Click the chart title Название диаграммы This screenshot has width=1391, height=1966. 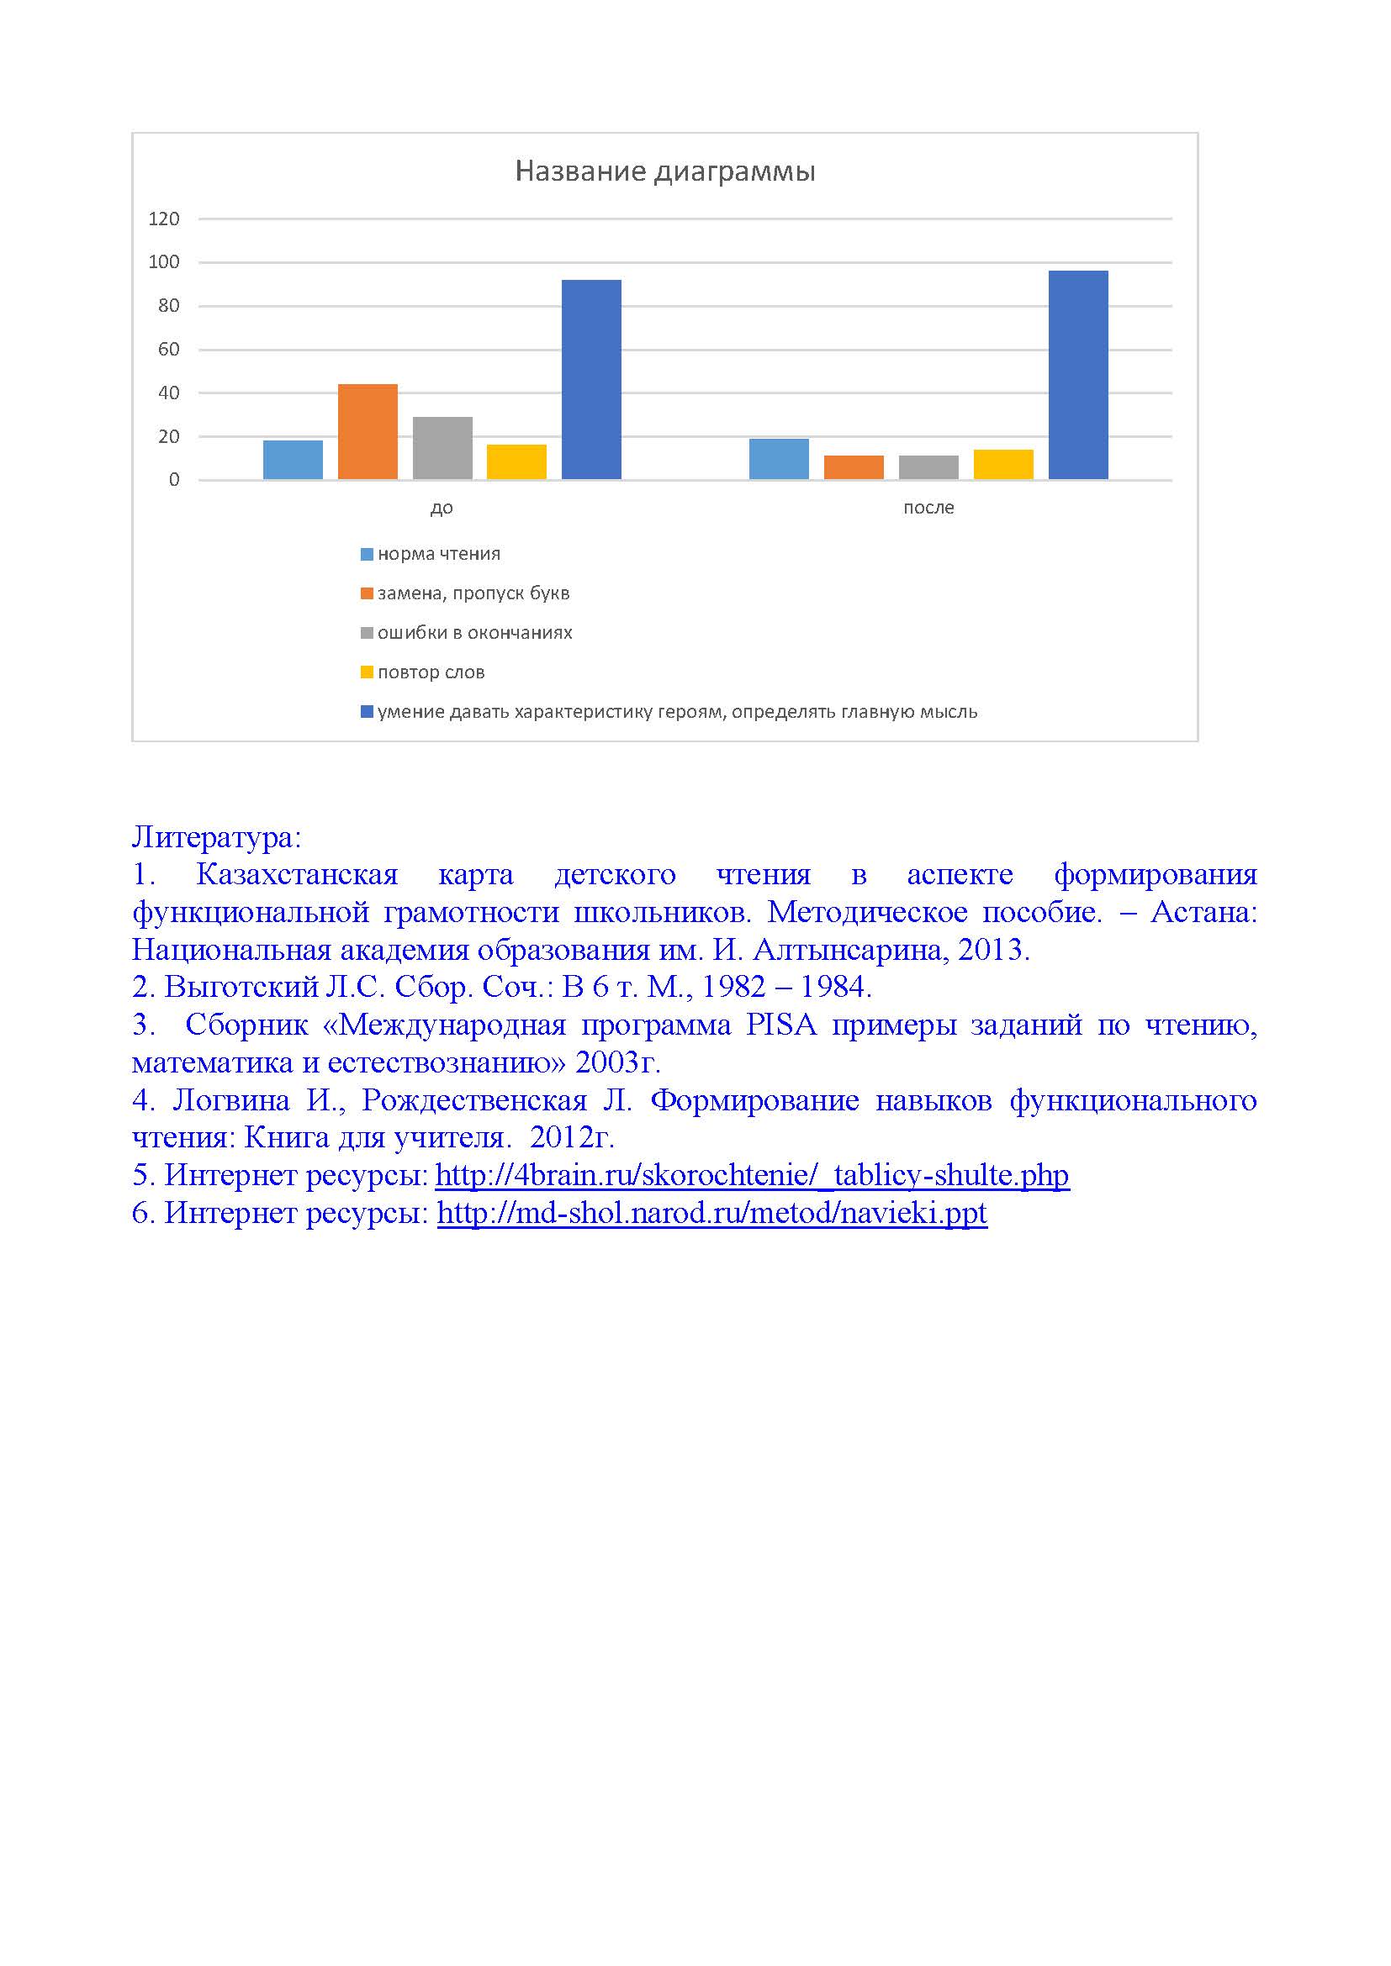[664, 171]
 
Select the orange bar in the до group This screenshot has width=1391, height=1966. [368, 431]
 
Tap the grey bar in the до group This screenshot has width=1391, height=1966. [442, 448]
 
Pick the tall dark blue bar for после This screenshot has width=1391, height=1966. [1077, 375]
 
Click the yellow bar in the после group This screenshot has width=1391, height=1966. [1003, 464]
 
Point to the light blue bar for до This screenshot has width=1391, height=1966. [293, 460]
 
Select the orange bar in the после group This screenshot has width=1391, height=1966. [853, 467]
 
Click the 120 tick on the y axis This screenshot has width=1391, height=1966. [164, 219]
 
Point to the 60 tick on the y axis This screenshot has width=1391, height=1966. [169, 350]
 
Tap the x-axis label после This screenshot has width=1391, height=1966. [928, 508]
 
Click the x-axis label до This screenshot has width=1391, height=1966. [442, 508]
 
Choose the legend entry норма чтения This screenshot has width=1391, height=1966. [438, 554]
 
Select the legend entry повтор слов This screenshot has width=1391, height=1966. [431, 672]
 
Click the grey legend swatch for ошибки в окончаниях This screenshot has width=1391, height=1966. [367, 633]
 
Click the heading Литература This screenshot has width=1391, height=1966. [217, 836]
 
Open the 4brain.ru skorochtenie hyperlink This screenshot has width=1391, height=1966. [752, 1175]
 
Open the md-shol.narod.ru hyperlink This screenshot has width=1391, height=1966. [711, 1213]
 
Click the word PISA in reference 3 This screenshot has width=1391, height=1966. [780, 1025]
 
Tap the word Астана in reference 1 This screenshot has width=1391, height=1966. [1203, 912]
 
